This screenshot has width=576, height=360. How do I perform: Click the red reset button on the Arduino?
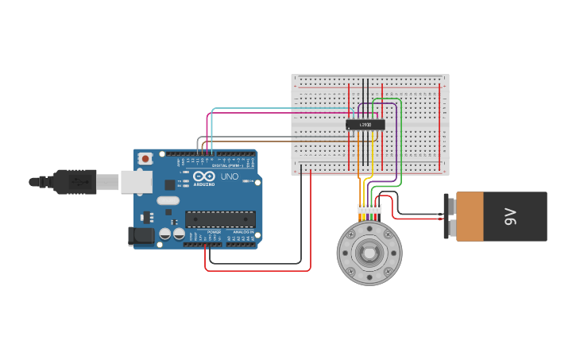coord(145,159)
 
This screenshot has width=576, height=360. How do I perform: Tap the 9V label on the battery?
coord(511,216)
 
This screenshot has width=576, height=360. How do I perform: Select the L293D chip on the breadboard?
coord(365,125)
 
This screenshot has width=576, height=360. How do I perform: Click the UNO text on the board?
coord(230,176)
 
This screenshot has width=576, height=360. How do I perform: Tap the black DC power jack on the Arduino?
coord(140,235)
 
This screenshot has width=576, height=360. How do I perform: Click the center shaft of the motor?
coord(369,254)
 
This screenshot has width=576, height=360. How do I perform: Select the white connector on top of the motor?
coord(369,209)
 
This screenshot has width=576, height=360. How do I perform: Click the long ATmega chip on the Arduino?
coord(220,219)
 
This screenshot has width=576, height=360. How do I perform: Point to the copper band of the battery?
coord(469,216)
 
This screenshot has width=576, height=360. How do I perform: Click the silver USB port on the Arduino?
coord(136,182)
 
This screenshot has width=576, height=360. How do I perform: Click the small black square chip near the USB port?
coord(169,184)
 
